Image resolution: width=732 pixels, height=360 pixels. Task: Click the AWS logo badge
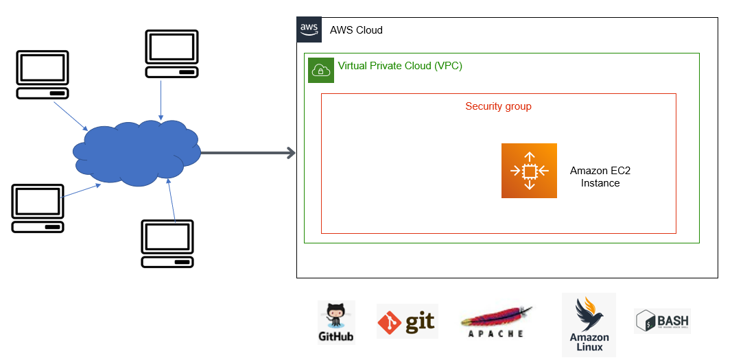click(309, 29)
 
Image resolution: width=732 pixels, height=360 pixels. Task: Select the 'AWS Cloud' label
click(356, 30)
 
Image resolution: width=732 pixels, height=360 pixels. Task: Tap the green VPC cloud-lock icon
click(320, 69)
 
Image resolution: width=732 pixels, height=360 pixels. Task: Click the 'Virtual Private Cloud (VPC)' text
click(400, 66)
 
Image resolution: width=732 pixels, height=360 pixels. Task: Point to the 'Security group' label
click(498, 106)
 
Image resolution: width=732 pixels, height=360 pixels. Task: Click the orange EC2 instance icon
click(529, 171)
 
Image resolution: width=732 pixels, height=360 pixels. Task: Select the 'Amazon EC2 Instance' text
click(600, 177)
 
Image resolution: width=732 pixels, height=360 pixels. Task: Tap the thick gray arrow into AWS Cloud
click(248, 153)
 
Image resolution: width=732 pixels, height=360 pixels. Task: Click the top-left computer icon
click(43, 74)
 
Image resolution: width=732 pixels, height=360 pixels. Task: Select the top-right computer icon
click(172, 54)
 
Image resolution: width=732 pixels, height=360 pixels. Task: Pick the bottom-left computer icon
click(38, 208)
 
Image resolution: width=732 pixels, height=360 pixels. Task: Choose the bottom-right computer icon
click(167, 243)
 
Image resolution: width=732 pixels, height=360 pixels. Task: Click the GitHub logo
click(336, 321)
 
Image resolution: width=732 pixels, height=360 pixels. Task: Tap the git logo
click(407, 322)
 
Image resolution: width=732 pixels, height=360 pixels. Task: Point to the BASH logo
click(662, 321)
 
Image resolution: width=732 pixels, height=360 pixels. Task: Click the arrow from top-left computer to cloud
click(72, 115)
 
